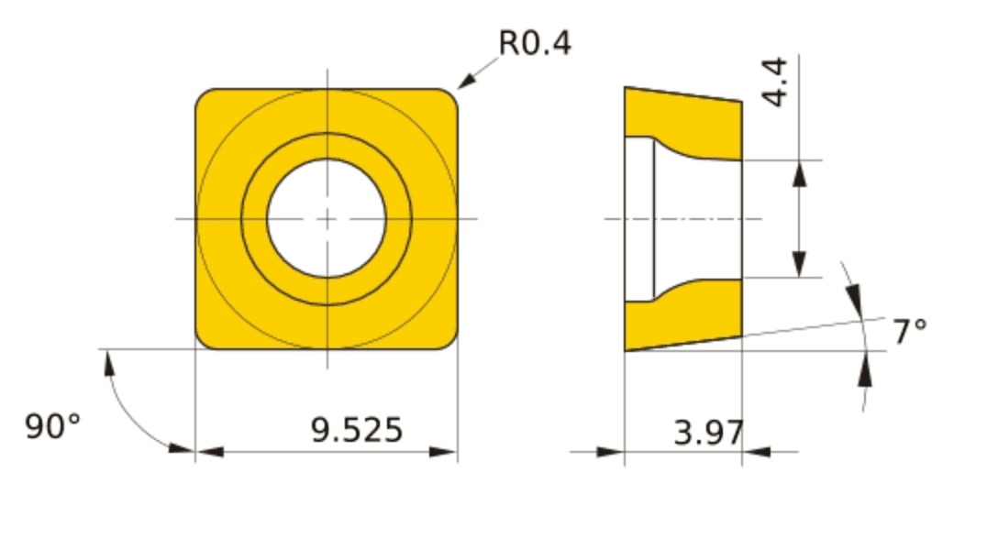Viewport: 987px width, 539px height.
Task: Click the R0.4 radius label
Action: [x=535, y=43]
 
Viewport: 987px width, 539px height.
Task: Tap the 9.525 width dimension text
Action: [x=357, y=430]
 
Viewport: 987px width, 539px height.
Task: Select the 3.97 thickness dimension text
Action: [x=709, y=433]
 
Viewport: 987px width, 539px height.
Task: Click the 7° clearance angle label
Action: [x=910, y=332]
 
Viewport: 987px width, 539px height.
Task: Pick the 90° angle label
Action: [x=53, y=426]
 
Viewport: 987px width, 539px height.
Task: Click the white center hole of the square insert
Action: [x=327, y=218]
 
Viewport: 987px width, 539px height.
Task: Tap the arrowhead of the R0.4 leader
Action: [x=467, y=80]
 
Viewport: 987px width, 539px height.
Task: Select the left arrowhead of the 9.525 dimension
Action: [x=210, y=452]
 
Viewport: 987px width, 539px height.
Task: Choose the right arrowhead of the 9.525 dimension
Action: [x=443, y=452]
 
